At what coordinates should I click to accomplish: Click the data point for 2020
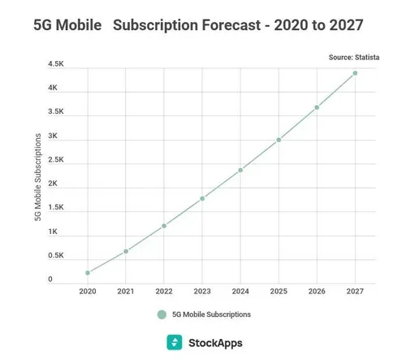pyautogui.click(x=87, y=273)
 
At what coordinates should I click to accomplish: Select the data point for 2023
pyautogui.click(x=202, y=198)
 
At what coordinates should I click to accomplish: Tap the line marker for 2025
pyautogui.click(x=279, y=140)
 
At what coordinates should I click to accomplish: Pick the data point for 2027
pyautogui.click(x=355, y=73)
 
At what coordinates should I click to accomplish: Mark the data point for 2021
pyautogui.click(x=126, y=251)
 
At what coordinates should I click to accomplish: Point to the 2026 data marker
pyautogui.click(x=317, y=107)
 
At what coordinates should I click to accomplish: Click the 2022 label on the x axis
pyautogui.click(x=164, y=291)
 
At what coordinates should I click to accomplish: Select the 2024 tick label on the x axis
pyautogui.click(x=240, y=291)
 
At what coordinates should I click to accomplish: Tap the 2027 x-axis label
pyautogui.click(x=355, y=291)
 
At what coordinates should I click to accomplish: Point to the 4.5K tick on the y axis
pyautogui.click(x=56, y=63)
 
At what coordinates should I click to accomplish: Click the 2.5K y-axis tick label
pyautogui.click(x=56, y=160)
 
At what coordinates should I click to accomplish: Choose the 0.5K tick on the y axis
pyautogui.click(x=56, y=256)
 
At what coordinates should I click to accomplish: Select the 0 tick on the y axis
pyautogui.click(x=50, y=280)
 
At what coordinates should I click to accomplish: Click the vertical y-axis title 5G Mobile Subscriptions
pyautogui.click(x=36, y=171)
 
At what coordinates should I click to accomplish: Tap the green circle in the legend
pyautogui.click(x=162, y=314)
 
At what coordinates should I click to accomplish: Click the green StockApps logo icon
pyautogui.click(x=174, y=342)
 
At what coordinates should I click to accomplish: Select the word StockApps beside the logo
pyautogui.click(x=214, y=342)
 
